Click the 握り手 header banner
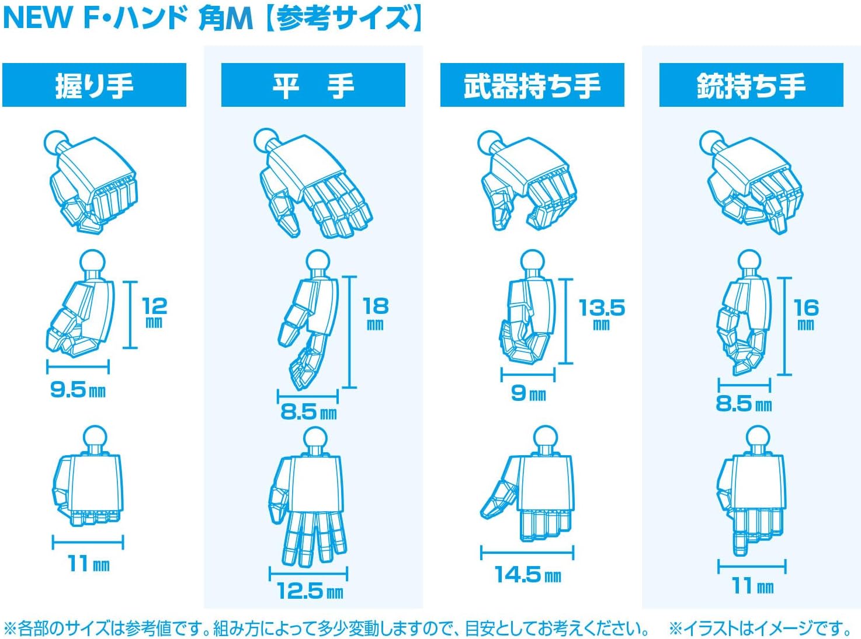(94, 85)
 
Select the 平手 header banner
(313, 85)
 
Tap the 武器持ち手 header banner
(532, 85)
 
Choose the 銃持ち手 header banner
(751, 85)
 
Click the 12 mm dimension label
(154, 312)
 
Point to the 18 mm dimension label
(376, 313)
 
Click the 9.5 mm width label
(78, 390)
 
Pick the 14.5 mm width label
(528, 574)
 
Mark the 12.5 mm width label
(310, 591)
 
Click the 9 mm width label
(529, 393)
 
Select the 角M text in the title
(225, 18)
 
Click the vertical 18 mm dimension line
(350, 331)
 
